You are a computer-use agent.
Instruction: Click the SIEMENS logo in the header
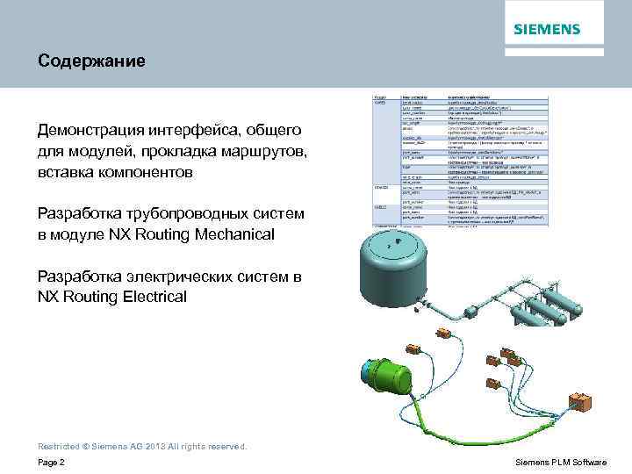pos(547,29)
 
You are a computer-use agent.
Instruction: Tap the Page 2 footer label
pos(51,463)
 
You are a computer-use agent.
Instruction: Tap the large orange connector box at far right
pos(581,402)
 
